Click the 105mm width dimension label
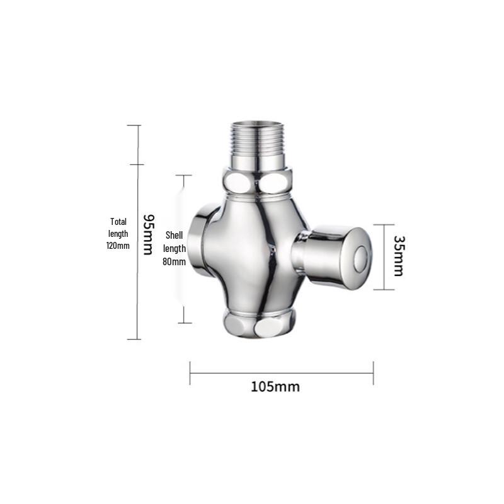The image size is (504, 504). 275,386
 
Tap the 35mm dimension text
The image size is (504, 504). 398,256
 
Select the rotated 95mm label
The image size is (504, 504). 148,234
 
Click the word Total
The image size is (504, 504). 118,222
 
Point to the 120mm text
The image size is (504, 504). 118,246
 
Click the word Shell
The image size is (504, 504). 174,234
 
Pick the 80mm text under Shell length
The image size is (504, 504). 174,261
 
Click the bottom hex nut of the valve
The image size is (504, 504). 258,325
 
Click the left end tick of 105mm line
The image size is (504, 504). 190,373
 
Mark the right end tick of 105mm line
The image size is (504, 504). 373,373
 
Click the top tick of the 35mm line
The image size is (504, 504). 384,224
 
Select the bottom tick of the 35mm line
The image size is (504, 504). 384,290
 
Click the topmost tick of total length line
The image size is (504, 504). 134,125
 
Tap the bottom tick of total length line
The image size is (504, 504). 134,339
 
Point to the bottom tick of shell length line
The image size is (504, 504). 184,323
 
